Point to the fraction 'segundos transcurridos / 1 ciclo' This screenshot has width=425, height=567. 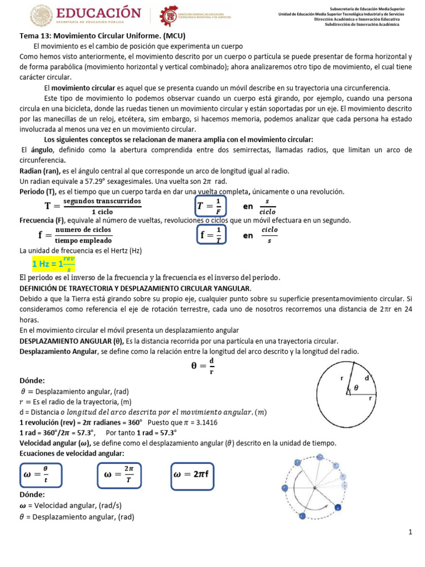[102, 206]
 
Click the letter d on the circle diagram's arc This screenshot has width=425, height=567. [367, 377]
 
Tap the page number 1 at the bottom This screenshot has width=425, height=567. [411, 532]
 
